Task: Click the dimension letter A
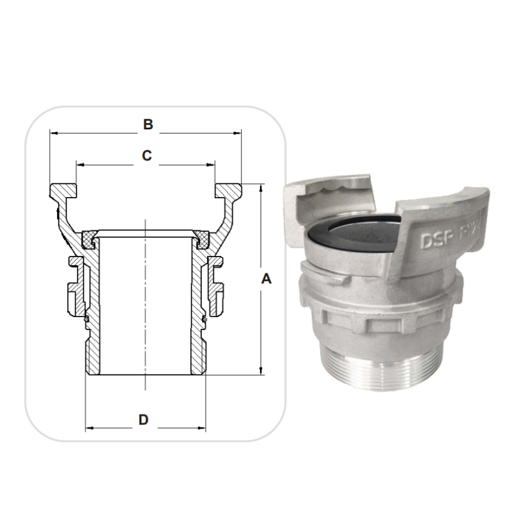tap(266, 279)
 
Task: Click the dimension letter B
tap(148, 124)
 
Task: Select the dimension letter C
tap(147, 156)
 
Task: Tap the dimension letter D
tap(143, 419)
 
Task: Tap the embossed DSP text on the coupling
tap(435, 241)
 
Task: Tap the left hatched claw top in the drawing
tap(63, 191)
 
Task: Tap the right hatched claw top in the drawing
tap(228, 191)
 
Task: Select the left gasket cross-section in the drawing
tap(90, 238)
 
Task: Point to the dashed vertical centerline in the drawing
tap(145, 303)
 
